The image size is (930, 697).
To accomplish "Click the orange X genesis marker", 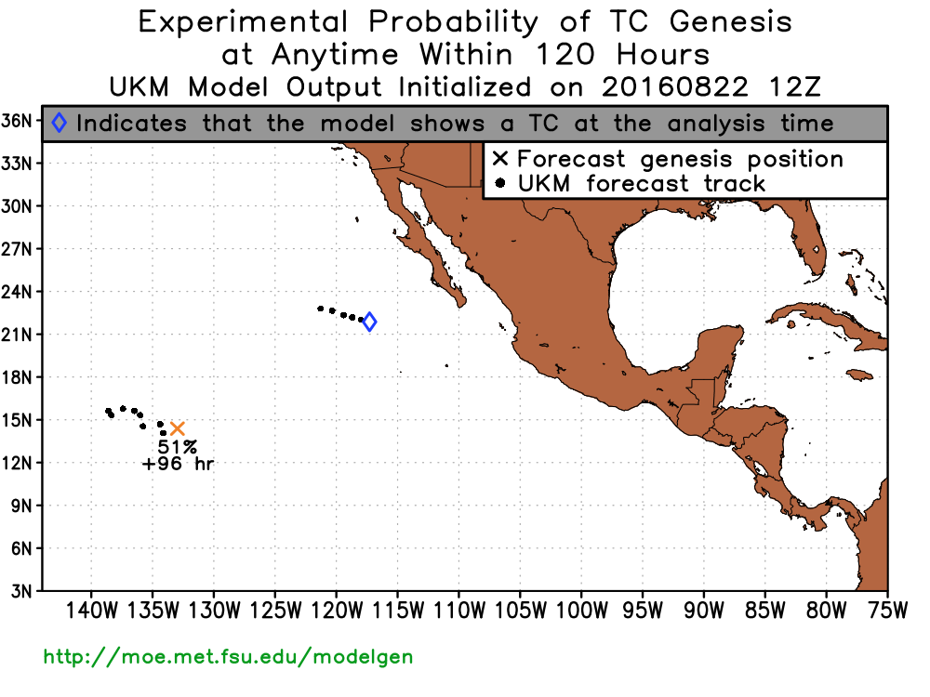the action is point(178,428).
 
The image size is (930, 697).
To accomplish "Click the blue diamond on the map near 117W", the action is point(369,322).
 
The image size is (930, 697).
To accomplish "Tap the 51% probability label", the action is point(178,447).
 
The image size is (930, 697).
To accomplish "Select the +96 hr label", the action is point(178,464).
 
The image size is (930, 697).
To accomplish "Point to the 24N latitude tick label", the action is point(17,292).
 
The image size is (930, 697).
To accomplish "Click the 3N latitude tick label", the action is point(21,591).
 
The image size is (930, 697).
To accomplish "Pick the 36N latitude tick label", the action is point(17,121).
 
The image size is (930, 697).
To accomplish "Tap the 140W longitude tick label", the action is point(91,611).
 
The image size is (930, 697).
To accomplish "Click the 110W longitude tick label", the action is point(459,611).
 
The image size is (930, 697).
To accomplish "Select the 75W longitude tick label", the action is point(888,611).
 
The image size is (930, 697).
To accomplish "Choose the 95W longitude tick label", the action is point(643,611).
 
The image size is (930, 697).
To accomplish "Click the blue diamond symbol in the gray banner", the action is point(60,123).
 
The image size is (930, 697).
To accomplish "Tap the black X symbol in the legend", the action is point(500,159).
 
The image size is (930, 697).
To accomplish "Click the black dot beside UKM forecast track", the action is point(500,183).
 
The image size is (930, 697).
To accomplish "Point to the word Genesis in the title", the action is point(731,22).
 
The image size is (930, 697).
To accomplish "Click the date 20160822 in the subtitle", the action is point(675,87).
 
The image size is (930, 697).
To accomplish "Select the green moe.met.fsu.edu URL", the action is point(229,657).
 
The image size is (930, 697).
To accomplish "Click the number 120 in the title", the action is point(565,55).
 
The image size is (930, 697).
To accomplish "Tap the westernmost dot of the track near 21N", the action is point(320,309).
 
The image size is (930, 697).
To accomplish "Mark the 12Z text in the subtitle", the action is point(795,87).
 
